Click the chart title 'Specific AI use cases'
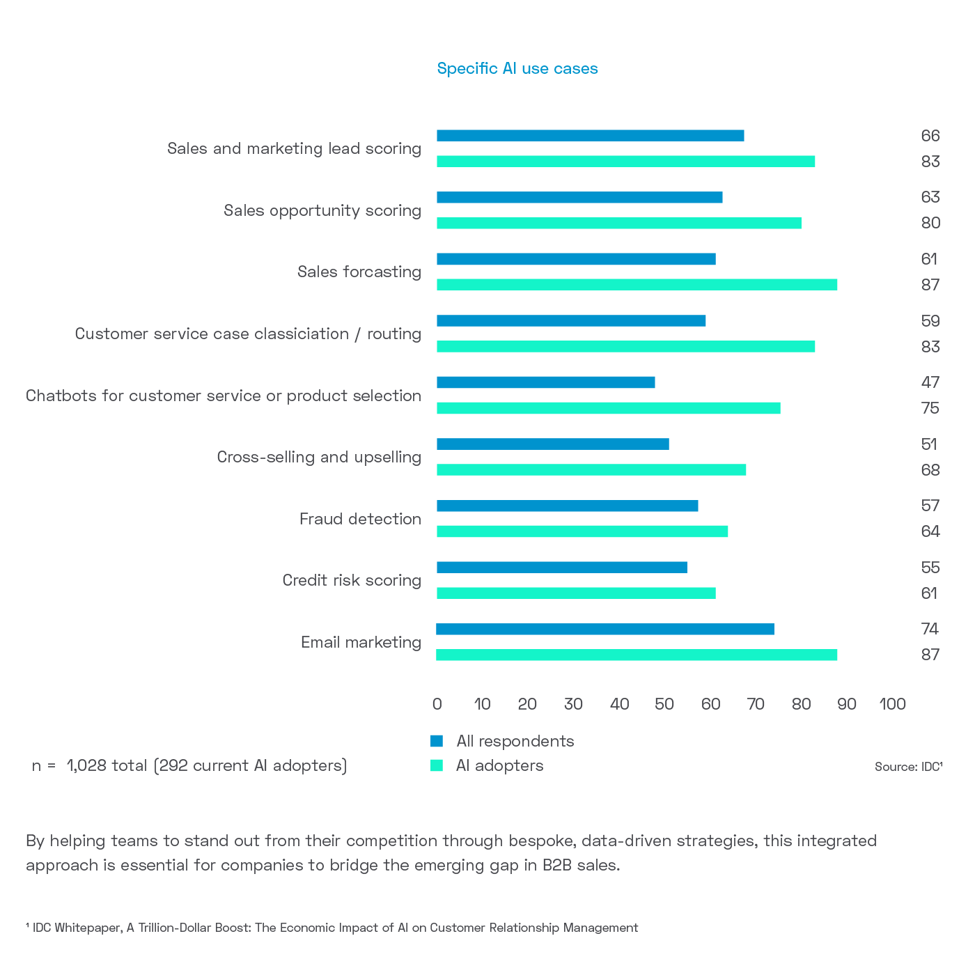517,68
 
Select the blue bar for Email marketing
604,630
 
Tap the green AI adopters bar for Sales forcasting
637,285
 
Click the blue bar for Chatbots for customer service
545,382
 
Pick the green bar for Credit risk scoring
576,593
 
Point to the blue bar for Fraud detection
567,506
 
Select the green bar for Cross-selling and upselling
591,470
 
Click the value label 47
930,382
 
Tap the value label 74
930,629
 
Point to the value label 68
930,470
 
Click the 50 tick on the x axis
664,704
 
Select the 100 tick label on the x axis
892,704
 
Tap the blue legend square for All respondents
437,741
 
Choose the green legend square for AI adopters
437,765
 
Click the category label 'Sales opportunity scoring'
322,210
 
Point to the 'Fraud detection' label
360,519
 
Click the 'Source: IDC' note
908,767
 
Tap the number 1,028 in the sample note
86,766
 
